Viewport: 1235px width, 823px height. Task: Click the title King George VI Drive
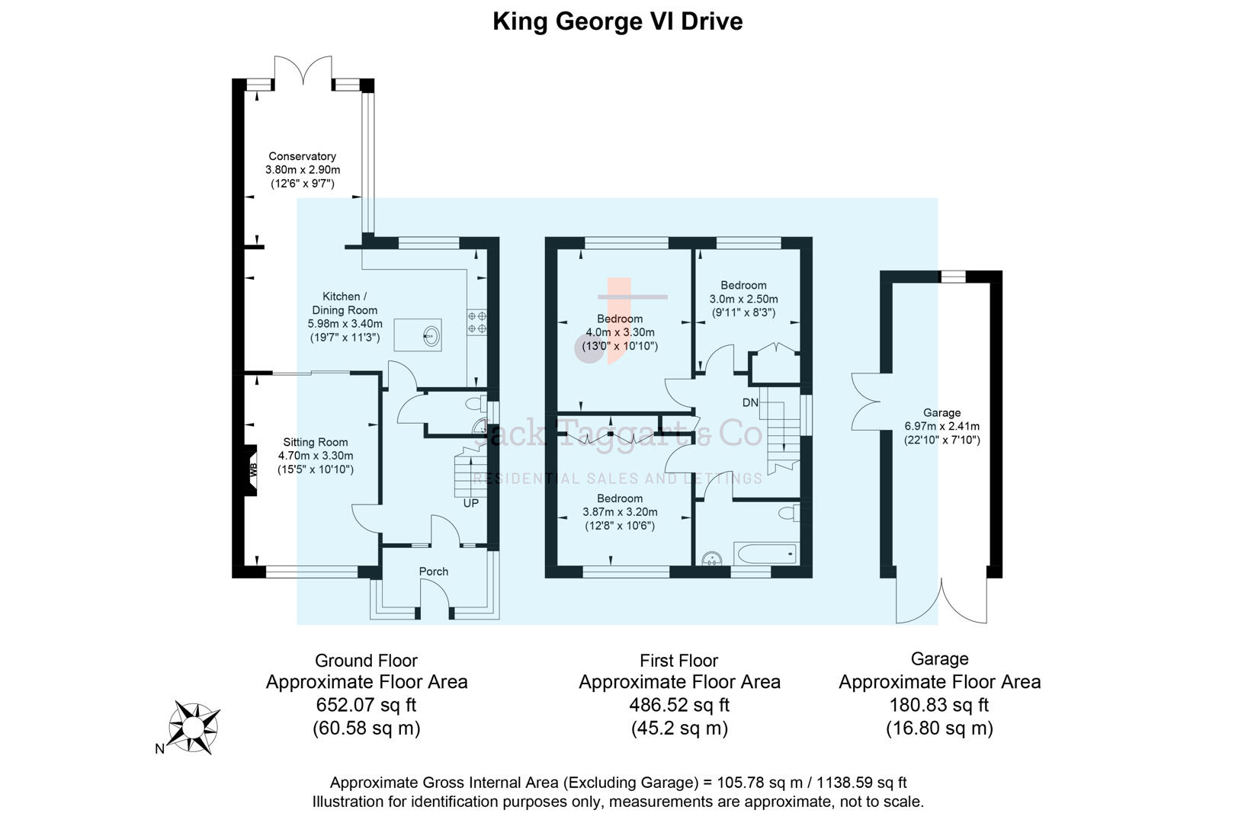(617, 21)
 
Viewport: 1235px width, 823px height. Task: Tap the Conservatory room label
(302, 156)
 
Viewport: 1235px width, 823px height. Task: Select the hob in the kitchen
(477, 322)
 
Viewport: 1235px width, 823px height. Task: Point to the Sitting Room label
(315, 442)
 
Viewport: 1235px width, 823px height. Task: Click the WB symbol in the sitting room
(253, 470)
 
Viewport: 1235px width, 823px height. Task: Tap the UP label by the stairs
(471, 504)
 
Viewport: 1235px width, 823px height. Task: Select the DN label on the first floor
(750, 402)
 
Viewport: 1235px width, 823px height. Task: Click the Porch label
(434, 572)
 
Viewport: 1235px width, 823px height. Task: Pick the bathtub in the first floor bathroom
(765, 553)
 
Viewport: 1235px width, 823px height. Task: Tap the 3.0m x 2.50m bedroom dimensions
(743, 299)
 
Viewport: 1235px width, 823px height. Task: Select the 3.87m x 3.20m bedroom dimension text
(620, 512)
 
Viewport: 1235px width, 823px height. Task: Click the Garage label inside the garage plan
(941, 412)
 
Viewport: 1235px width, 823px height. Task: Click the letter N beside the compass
(159, 749)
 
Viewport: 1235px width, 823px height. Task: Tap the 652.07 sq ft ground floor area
(366, 705)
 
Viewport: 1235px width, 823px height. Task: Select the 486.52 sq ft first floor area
(678, 705)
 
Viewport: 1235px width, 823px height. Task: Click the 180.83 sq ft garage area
(939, 705)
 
